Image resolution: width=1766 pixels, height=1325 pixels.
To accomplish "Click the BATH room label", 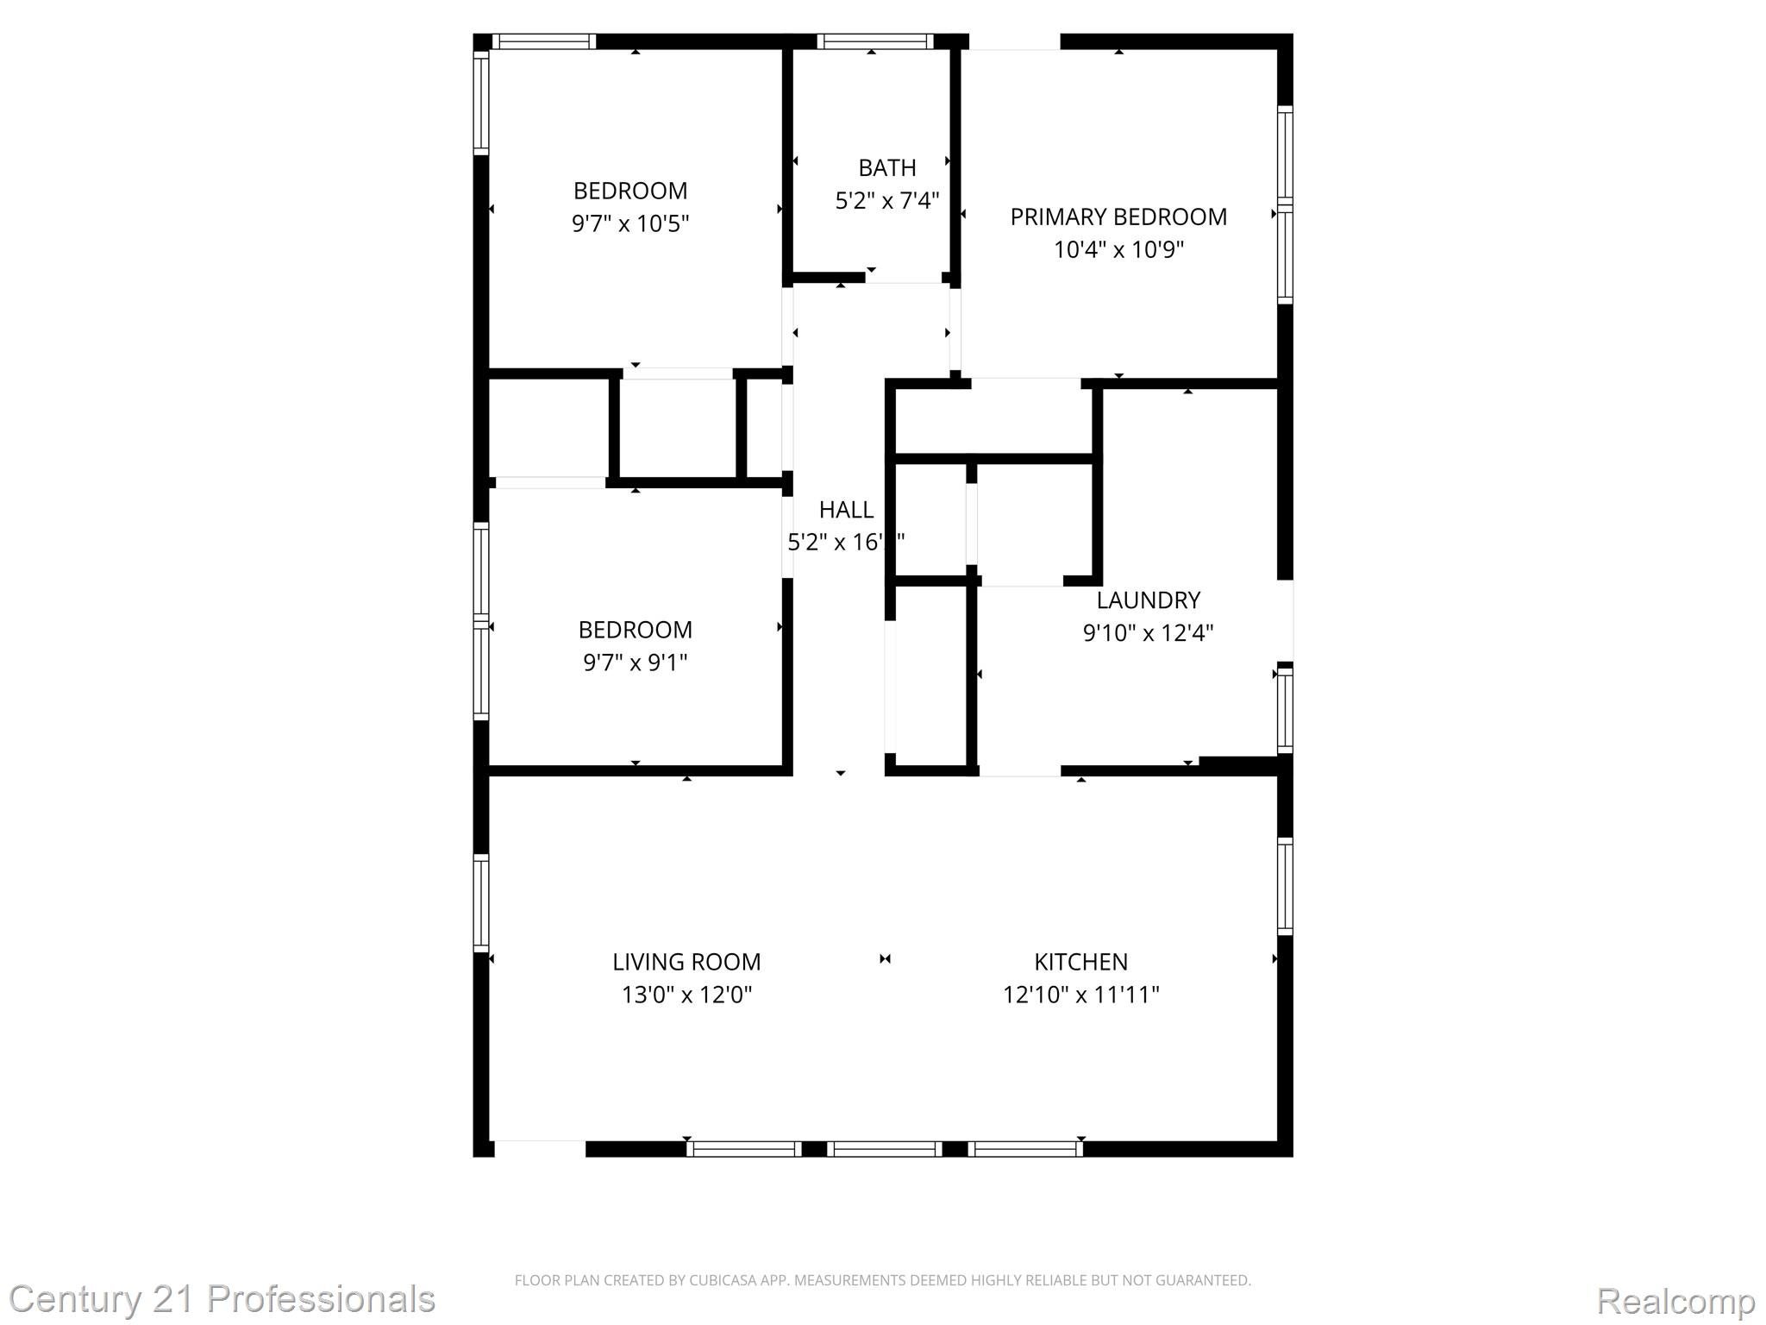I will point(886,167).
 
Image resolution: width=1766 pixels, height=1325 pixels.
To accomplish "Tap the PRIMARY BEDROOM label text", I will point(1118,217).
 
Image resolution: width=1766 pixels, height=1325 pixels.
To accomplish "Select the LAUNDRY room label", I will point(1148,600).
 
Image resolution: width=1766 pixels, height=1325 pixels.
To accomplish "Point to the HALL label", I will point(846,510).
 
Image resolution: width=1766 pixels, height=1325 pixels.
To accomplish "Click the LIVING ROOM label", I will point(686,962).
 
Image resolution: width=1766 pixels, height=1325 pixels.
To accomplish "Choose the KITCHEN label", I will point(1080,962).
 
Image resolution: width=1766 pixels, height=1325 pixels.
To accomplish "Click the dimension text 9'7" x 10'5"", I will point(630,224).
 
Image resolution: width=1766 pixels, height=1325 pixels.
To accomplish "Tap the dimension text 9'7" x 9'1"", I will point(636,662).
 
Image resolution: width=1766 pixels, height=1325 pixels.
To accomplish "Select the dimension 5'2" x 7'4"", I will point(886,201).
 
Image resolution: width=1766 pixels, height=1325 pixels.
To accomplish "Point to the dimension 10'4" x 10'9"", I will point(1118,250).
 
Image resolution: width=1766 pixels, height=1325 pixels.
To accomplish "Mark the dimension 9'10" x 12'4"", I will point(1148,633).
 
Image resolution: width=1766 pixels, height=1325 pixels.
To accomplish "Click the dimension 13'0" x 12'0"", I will point(686,995).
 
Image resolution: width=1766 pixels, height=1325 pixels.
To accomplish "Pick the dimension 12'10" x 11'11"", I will point(1080,995).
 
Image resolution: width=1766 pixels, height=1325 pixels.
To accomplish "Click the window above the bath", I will point(875,41).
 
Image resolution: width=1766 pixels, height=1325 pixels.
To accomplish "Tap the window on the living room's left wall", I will point(481,902).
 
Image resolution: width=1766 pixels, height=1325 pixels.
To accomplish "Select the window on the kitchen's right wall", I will point(1285,886).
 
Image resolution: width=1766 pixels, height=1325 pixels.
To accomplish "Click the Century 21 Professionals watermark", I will point(222,1299).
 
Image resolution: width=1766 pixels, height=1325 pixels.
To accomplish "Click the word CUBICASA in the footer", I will point(723,1280).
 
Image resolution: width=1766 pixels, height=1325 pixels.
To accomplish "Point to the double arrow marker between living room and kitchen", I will point(885,958).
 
